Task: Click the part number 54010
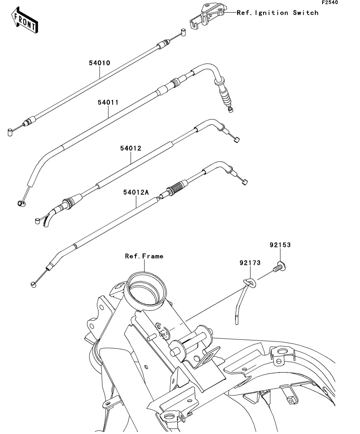click(100, 63)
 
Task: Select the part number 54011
click(108, 102)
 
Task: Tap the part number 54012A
click(136, 192)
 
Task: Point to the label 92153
click(280, 245)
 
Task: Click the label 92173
click(250, 263)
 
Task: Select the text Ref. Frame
click(144, 256)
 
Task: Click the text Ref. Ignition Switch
click(278, 13)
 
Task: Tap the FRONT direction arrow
click(24, 20)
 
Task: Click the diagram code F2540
click(330, 2)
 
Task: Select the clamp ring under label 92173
click(250, 283)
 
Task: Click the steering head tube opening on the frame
click(145, 288)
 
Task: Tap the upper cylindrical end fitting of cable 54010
click(183, 32)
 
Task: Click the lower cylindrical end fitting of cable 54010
click(10, 133)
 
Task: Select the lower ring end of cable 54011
click(21, 204)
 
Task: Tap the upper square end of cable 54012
click(237, 140)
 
